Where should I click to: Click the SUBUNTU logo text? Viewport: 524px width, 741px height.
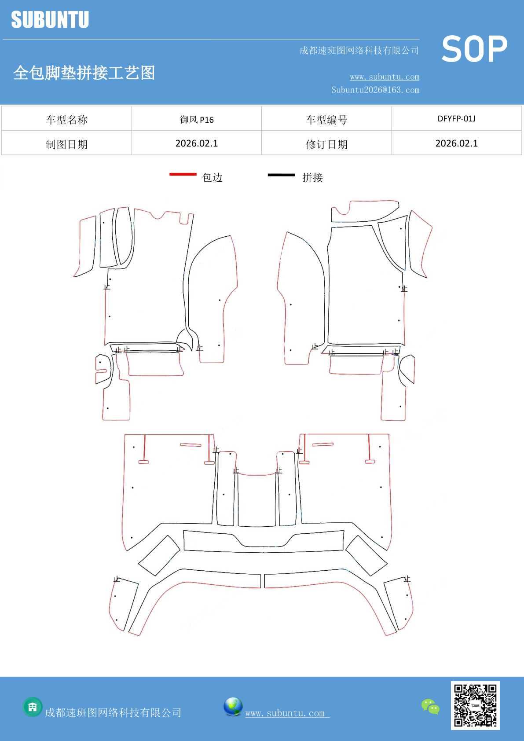click(50, 20)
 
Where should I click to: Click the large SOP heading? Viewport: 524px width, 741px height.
click(474, 49)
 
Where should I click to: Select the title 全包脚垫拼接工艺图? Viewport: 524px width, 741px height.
click(84, 73)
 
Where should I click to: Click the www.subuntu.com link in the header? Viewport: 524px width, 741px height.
click(385, 77)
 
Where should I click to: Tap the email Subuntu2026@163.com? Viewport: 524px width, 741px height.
click(375, 90)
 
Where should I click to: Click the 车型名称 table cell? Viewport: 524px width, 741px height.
click(67, 120)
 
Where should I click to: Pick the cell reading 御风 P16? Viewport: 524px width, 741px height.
click(197, 120)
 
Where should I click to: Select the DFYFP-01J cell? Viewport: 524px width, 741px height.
click(456, 119)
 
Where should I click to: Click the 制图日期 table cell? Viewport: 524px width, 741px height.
click(67, 144)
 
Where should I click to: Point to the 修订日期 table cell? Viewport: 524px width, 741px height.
click(327, 144)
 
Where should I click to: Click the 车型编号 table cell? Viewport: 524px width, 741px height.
click(327, 120)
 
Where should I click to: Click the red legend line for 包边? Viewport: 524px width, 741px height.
click(183, 175)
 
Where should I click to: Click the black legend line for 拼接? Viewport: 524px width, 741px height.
click(281, 175)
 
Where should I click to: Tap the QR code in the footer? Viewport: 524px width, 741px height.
click(475, 705)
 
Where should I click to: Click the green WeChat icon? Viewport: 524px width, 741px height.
click(430, 707)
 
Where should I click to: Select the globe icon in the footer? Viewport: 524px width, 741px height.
click(233, 707)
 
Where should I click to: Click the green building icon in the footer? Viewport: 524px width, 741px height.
click(33, 707)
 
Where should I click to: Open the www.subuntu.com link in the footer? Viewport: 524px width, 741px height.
click(287, 713)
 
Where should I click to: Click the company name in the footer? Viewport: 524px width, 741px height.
click(113, 713)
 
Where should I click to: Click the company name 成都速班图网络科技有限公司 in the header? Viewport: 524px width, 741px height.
click(359, 51)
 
